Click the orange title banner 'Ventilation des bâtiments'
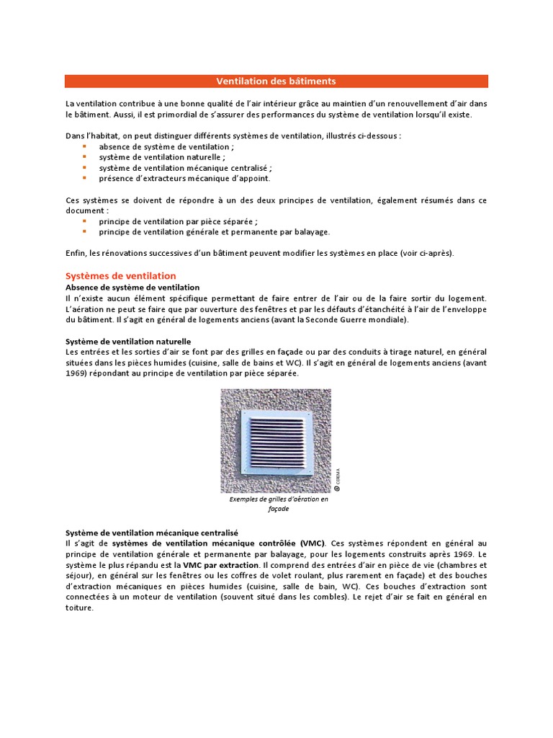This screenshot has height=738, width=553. [x=276, y=81]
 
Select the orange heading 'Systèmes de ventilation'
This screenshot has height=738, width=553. [x=120, y=276]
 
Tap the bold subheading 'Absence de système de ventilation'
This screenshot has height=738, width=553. [x=132, y=287]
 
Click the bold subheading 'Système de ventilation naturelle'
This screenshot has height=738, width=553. [x=128, y=341]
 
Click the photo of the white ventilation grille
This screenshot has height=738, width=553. [x=276, y=440]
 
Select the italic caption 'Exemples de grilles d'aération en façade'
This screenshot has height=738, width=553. [x=278, y=504]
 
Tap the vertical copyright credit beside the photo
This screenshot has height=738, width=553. [x=337, y=480]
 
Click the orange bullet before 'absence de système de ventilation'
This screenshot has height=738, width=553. [x=84, y=146]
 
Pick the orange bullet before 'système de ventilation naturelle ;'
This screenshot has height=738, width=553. [x=84, y=156]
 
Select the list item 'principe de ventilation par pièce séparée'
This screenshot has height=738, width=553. [x=178, y=221]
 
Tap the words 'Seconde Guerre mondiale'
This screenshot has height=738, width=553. [x=361, y=319]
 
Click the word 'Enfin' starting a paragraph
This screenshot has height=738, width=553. [x=76, y=253]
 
